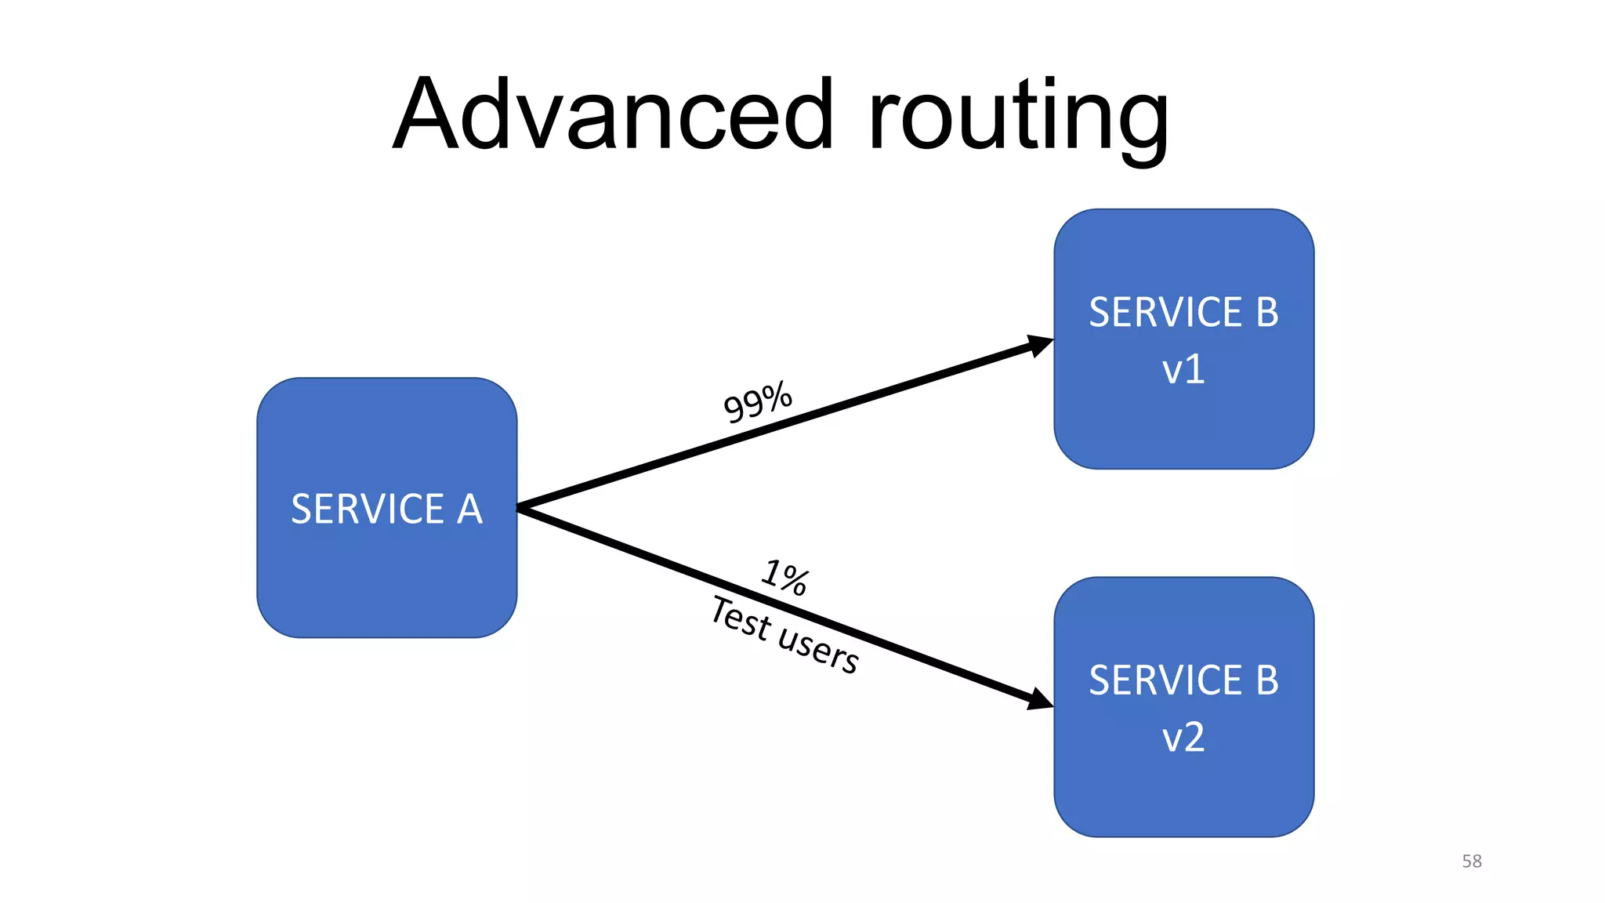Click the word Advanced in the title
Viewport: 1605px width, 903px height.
click(x=613, y=114)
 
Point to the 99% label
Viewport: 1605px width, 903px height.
click(x=757, y=402)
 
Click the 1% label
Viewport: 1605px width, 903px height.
click(x=784, y=578)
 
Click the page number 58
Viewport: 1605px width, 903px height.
click(x=1472, y=861)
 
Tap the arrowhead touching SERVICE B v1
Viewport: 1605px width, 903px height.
click(x=1039, y=344)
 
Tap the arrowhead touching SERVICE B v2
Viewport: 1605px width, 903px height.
click(x=1039, y=698)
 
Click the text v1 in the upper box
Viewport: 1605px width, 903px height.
click(x=1183, y=369)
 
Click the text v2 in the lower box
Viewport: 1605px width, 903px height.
click(x=1183, y=738)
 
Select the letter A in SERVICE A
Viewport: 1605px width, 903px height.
click(x=469, y=510)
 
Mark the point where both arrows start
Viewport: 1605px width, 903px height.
click(x=520, y=508)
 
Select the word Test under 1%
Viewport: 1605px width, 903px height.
click(x=741, y=618)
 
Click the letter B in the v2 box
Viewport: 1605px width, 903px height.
click(x=1267, y=680)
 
